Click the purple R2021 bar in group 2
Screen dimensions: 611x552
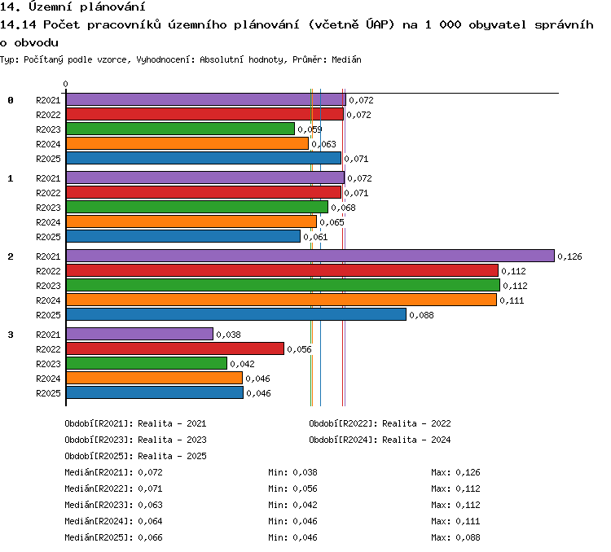point(310,256)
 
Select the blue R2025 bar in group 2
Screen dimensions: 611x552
point(236,314)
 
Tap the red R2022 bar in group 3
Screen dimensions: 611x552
point(175,348)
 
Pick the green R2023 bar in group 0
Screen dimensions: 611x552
point(180,129)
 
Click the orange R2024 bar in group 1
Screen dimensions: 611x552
point(191,221)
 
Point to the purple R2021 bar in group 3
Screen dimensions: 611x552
point(139,334)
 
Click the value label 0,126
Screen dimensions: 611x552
point(569,256)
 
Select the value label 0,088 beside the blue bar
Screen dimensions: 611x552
point(421,315)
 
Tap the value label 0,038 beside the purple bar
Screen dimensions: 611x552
point(228,335)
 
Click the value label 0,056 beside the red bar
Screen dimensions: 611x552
point(299,349)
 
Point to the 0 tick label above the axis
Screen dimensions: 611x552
point(65,84)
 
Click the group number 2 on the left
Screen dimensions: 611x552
point(11,256)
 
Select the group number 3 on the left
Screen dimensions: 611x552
point(11,335)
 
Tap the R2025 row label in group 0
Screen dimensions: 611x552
point(48,159)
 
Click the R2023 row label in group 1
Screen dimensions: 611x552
point(48,208)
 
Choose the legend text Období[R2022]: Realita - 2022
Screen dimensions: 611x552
point(380,423)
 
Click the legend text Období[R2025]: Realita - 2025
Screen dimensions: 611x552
point(135,456)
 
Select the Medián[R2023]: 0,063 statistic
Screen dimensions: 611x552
point(113,505)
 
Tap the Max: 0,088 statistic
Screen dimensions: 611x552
point(455,537)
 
